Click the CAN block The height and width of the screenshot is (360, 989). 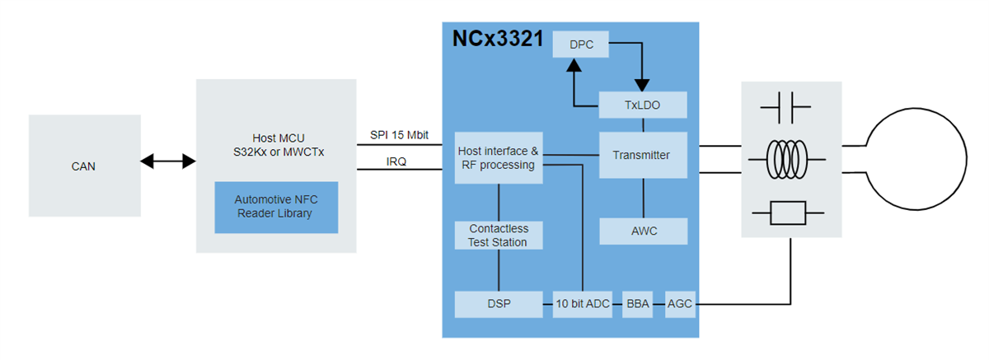(x=84, y=166)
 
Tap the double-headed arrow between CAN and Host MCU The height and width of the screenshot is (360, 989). (x=168, y=162)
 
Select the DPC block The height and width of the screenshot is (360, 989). (x=581, y=44)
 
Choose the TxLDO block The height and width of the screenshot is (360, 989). (x=643, y=105)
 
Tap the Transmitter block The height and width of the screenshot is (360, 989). (x=642, y=155)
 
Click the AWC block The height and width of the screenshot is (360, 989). (x=643, y=231)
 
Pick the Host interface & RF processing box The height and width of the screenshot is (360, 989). (x=499, y=158)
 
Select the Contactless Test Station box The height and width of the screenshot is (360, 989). (x=499, y=235)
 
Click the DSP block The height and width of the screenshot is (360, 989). (x=499, y=304)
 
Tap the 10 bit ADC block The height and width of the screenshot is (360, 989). (x=582, y=304)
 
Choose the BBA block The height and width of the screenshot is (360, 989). (x=637, y=304)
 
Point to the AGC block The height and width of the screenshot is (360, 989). (x=680, y=304)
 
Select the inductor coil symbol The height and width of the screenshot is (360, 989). (x=785, y=159)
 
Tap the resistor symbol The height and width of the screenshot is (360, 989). (x=785, y=214)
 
